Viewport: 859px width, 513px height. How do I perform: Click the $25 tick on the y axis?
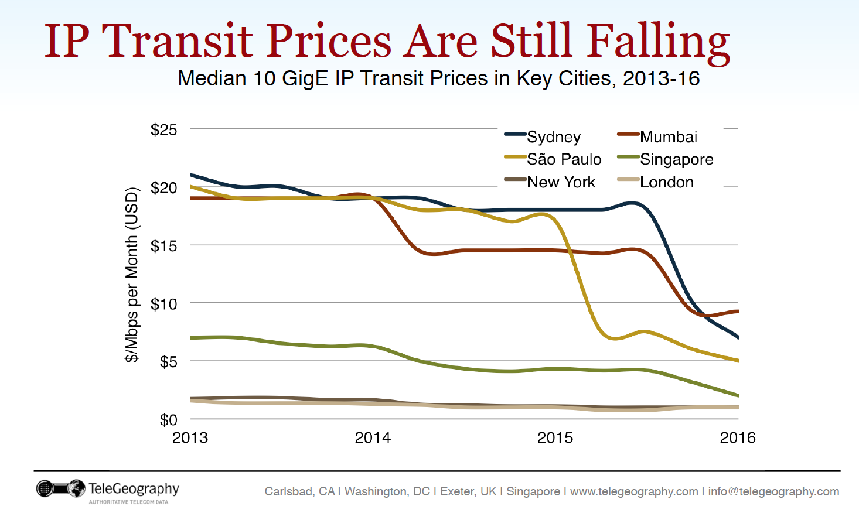(x=163, y=129)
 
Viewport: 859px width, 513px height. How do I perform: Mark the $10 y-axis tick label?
(x=163, y=304)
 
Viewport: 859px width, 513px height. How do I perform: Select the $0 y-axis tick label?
(x=168, y=420)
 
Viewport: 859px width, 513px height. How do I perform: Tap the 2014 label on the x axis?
(x=373, y=437)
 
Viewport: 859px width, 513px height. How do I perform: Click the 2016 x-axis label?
(x=737, y=437)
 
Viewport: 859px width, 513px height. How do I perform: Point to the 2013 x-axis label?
(x=190, y=437)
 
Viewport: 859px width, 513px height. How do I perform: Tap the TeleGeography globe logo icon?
(x=76, y=488)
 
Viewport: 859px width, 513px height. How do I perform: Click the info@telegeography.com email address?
(x=773, y=491)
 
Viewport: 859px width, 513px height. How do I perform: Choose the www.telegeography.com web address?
(x=634, y=491)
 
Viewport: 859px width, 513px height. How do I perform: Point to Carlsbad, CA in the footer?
(x=299, y=491)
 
